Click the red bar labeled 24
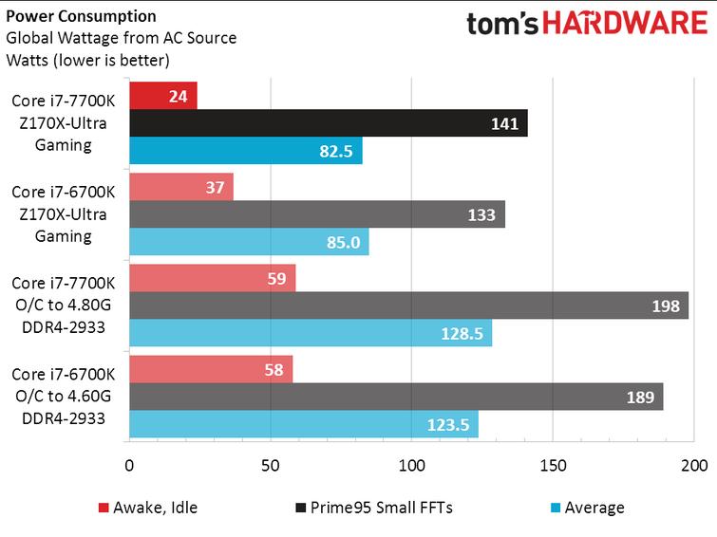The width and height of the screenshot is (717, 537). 162,96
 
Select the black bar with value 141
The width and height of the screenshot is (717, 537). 328,123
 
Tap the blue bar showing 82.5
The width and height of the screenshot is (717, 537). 245,151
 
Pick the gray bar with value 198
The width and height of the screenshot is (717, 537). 408,306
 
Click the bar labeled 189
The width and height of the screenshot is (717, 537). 395,397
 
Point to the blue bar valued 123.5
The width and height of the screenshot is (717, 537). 303,424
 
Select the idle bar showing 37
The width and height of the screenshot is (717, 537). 180,187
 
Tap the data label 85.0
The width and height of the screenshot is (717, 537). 343,243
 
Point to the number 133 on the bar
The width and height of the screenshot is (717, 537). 481,214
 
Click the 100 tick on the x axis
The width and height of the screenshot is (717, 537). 411,465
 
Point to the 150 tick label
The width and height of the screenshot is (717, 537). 553,465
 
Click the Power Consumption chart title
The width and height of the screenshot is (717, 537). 82,16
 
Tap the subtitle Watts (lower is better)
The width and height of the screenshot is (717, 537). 87,61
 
